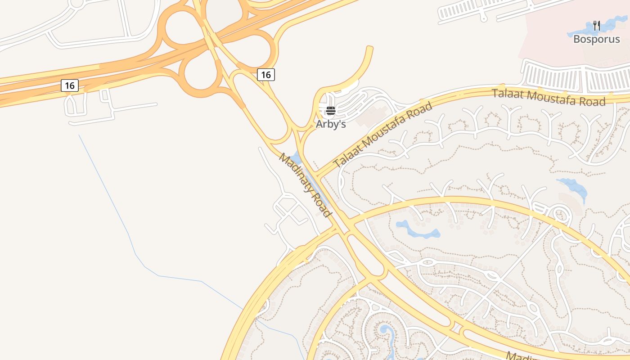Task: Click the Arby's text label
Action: click(331, 124)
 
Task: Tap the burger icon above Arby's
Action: click(331, 111)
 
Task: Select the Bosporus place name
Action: click(596, 39)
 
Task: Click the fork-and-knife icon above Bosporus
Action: click(597, 26)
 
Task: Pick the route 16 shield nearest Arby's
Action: click(266, 75)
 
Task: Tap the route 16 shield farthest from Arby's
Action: click(70, 85)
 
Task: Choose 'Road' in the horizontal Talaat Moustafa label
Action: click(593, 101)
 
